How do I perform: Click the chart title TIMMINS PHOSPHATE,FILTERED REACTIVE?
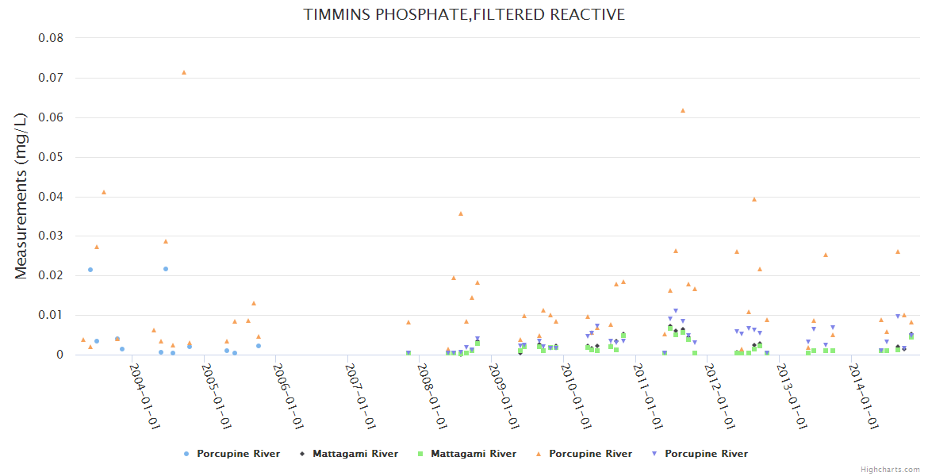464,15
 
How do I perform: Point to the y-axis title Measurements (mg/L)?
21,195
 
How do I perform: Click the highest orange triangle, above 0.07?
184,72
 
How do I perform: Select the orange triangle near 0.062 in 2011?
683,110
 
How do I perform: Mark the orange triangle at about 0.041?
104,192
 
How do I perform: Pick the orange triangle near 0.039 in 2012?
754,199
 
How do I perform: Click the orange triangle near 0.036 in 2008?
461,213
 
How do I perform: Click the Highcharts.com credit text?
891,470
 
